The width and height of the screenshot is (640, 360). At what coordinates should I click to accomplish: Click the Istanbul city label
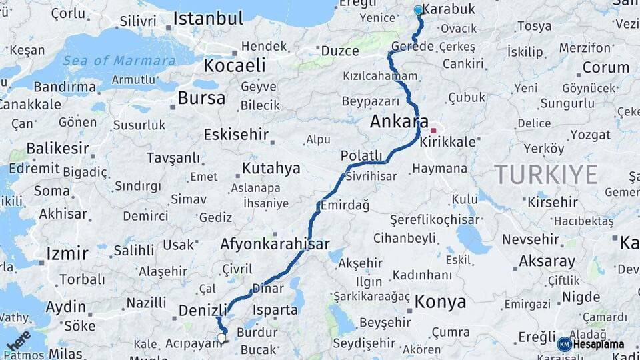click(x=207, y=19)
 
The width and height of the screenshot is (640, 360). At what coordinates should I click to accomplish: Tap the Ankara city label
click(x=399, y=122)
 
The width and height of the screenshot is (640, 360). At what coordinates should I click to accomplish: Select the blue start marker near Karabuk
click(x=419, y=10)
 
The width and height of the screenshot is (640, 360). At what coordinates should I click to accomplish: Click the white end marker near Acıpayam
click(x=221, y=339)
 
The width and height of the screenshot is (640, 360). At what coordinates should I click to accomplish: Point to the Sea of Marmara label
click(x=120, y=61)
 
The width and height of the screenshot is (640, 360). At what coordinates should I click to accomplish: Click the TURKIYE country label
click(x=546, y=175)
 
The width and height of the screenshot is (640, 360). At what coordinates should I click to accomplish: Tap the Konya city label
click(x=440, y=302)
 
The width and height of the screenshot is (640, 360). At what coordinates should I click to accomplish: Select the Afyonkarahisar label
click(x=275, y=244)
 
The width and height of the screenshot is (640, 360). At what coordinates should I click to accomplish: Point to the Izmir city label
click(x=67, y=253)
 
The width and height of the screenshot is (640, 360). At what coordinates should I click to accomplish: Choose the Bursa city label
click(x=201, y=99)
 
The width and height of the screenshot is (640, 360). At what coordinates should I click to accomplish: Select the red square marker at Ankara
click(x=433, y=131)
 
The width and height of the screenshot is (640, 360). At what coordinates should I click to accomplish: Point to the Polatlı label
click(x=361, y=156)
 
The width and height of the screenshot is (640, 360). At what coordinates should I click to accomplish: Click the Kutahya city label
click(x=271, y=168)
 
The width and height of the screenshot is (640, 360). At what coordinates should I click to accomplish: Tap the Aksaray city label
click(x=547, y=261)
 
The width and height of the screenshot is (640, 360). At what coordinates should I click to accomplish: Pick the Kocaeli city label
click(x=234, y=65)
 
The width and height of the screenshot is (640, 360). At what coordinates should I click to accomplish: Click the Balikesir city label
click(x=57, y=148)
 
